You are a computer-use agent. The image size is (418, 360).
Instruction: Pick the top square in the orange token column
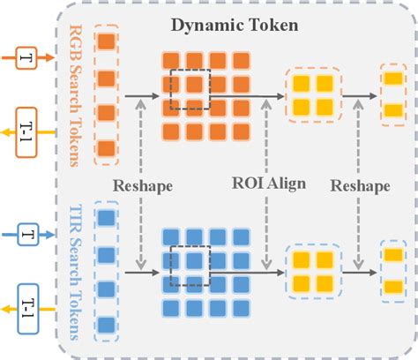point(106,41)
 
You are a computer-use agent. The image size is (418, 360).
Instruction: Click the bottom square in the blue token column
point(106,325)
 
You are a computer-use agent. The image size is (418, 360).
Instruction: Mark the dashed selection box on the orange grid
point(189,89)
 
